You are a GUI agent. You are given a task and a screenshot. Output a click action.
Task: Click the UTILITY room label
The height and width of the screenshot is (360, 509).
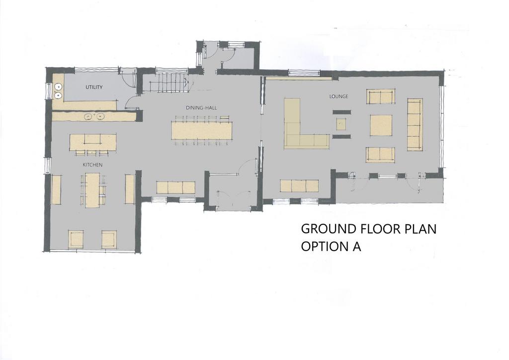click(x=94, y=87)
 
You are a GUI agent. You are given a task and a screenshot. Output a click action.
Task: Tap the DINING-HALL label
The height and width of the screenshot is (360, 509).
click(x=201, y=108)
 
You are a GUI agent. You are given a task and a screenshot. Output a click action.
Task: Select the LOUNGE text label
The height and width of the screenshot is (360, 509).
click(x=339, y=96)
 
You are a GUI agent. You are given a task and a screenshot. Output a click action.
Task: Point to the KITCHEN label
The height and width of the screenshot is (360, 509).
click(x=92, y=165)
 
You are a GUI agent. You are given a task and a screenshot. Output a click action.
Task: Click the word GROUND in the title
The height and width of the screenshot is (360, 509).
click(x=329, y=229)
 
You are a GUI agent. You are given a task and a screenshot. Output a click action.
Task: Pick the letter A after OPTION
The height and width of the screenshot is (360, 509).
click(x=356, y=247)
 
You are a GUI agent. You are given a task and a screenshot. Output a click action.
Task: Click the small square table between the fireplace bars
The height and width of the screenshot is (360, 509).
click(x=341, y=124)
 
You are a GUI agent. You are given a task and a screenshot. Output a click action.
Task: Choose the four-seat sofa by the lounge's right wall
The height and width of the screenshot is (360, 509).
click(x=415, y=124)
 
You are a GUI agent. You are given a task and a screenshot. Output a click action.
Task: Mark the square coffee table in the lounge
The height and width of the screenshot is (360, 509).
click(x=381, y=125)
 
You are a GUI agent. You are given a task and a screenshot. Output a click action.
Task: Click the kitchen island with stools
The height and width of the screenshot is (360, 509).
click(x=93, y=142)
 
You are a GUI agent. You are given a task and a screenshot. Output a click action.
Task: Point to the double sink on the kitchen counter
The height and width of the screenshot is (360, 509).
click(x=94, y=116)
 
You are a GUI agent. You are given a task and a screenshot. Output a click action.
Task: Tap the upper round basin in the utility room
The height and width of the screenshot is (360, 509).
click(x=58, y=87)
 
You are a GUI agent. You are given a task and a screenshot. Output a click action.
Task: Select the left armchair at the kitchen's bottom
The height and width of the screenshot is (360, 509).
click(x=76, y=239)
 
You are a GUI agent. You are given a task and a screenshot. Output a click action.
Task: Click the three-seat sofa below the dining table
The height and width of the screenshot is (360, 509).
click(x=175, y=187)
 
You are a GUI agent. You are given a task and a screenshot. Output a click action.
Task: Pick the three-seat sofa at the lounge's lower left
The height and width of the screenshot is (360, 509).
click(x=299, y=185)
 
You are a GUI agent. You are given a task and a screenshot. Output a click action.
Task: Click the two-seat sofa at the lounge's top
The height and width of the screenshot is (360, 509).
click(x=381, y=96)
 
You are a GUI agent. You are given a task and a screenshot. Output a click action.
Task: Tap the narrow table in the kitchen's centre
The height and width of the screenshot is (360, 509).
click(x=92, y=190)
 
